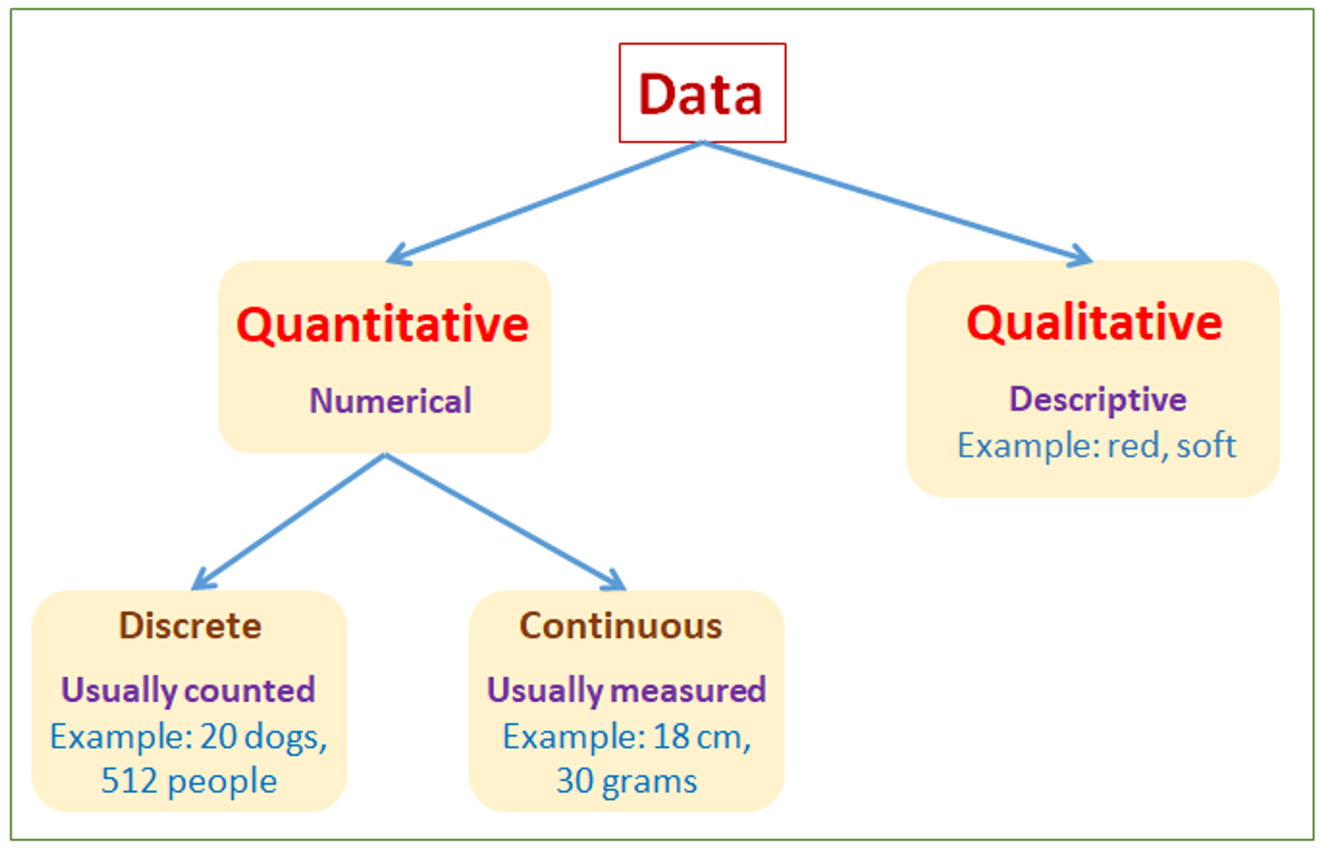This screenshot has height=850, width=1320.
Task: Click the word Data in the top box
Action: point(701,94)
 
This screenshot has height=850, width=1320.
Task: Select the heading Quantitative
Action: point(382,325)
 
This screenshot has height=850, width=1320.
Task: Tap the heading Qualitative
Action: point(1094,323)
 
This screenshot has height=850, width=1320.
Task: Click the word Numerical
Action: point(390,401)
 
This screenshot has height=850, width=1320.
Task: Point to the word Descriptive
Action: point(1097,400)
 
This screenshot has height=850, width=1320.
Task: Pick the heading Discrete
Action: point(190,626)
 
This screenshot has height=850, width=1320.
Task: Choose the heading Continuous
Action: point(621,626)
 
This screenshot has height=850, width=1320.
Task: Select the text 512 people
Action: point(189,781)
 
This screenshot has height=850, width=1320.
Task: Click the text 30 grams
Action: point(626,781)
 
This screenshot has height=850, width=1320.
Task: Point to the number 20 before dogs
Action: point(219,737)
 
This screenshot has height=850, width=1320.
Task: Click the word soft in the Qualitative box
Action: point(1206,445)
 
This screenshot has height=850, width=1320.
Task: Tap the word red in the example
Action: point(1134,446)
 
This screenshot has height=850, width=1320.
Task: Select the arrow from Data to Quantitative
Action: point(543,203)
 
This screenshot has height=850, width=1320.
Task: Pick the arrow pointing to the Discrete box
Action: point(289,521)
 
